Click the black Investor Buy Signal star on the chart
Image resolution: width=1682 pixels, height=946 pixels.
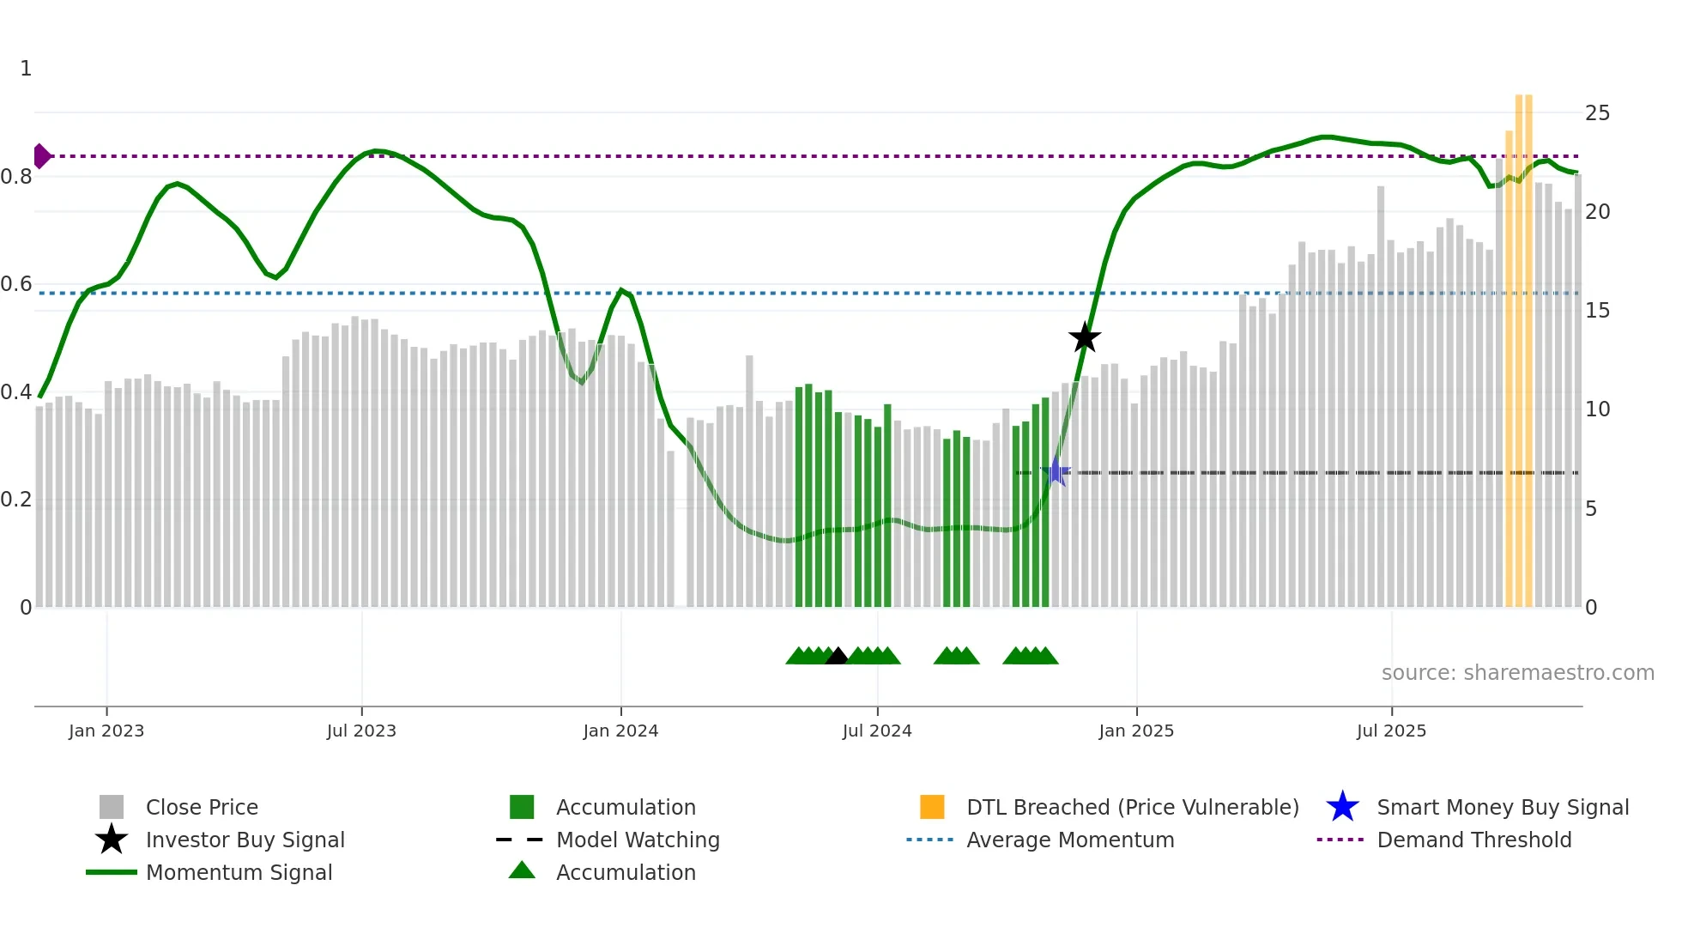tap(1085, 338)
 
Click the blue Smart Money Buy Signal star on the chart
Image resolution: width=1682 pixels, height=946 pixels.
tap(1056, 472)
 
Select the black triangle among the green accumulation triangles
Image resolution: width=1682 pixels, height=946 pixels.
tap(837, 657)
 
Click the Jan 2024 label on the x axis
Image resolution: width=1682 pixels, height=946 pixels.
tap(620, 731)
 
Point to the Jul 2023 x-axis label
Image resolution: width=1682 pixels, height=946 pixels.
tap(361, 731)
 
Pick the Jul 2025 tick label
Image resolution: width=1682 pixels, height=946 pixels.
tap(1391, 731)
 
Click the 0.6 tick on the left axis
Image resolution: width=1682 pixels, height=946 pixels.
tap(16, 284)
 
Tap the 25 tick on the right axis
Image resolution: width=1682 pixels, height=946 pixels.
tap(1597, 113)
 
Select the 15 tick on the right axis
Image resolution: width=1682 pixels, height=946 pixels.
tap(1597, 311)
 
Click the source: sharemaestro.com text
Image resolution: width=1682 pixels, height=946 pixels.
tap(1517, 673)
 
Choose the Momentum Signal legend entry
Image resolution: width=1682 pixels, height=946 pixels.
tap(239, 872)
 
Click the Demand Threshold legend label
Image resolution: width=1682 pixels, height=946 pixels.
tap(1473, 840)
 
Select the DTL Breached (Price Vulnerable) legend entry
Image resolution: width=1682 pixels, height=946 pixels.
tap(1132, 807)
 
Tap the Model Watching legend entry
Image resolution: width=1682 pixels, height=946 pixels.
tap(638, 840)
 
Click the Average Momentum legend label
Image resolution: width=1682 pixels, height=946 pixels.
tap(1070, 840)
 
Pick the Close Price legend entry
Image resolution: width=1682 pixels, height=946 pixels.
tap(202, 807)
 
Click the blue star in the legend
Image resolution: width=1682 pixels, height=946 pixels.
tap(1342, 807)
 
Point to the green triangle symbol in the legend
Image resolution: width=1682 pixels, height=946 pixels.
tap(522, 870)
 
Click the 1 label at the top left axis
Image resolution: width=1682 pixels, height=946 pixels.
tap(26, 69)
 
